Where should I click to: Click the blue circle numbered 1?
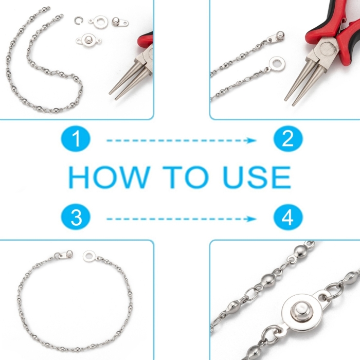point(76,139)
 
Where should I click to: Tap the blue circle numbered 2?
point(288,139)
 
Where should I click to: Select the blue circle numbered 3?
point(76,217)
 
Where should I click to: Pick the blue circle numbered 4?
point(288,217)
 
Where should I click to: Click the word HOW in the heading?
point(110,177)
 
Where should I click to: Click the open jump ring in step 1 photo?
point(78,21)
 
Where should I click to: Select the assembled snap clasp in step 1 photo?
point(88,41)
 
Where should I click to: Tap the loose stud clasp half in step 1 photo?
point(120,22)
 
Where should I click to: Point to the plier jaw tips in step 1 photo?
point(113,96)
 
